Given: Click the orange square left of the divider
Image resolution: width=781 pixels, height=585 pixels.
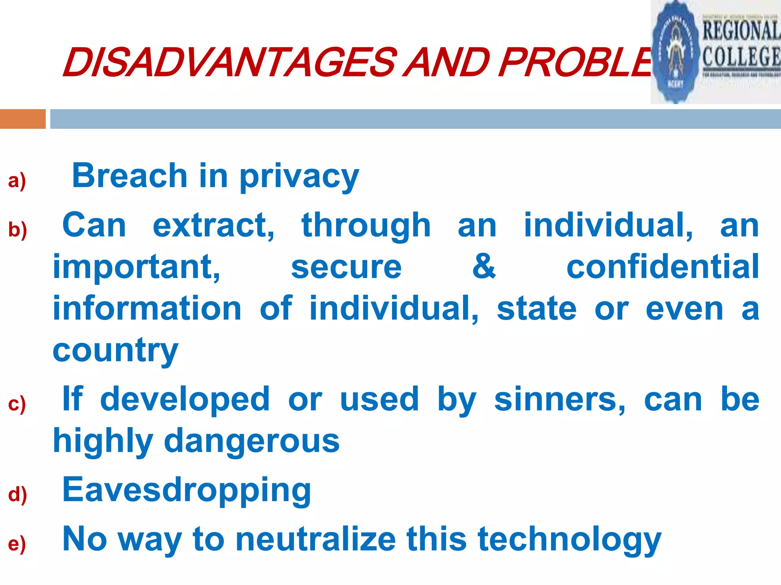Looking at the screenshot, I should tap(22, 119).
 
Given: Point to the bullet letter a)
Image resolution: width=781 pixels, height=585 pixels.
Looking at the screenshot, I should tap(17, 181).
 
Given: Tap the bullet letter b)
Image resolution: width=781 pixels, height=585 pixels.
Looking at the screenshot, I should tap(18, 230).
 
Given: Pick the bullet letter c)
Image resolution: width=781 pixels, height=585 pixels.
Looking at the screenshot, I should tap(17, 404).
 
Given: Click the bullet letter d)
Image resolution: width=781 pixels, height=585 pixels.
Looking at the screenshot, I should tap(18, 494).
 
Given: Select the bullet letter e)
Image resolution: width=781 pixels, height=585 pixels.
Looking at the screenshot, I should tap(17, 543).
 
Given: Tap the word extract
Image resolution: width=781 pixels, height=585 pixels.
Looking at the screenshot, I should tap(214, 225).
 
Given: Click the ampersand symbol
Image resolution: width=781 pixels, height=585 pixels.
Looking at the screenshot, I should tap(484, 267).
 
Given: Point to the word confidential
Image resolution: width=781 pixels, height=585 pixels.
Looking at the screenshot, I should tap(663, 267).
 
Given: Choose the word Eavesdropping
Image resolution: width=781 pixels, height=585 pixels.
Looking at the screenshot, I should tap(187, 491).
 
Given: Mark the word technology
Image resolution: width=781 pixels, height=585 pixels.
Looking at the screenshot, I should tap(569, 540).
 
